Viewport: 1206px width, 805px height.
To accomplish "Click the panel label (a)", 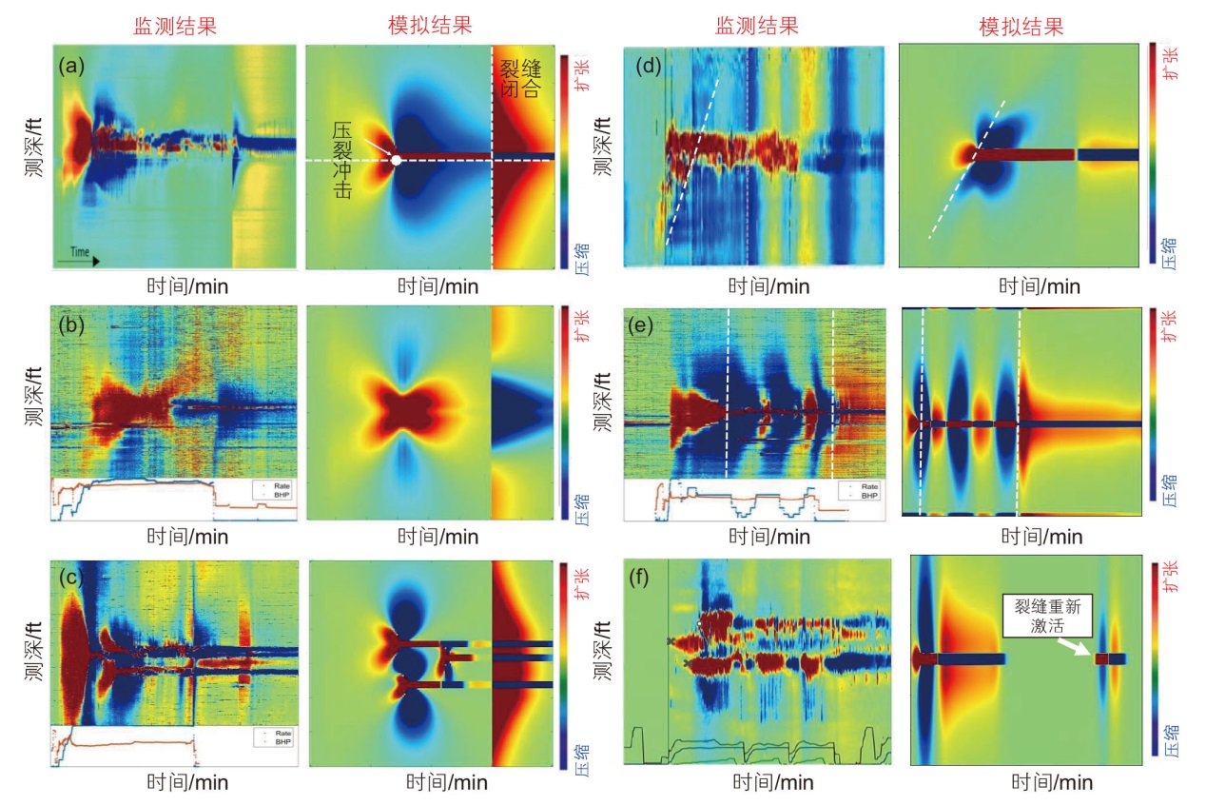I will pos(71,67).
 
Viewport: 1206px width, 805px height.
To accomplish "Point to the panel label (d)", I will pos(650,68).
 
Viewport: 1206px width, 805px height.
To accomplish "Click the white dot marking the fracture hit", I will pos(396,160).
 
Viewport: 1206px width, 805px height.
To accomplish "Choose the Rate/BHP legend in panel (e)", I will pos(861,491).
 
